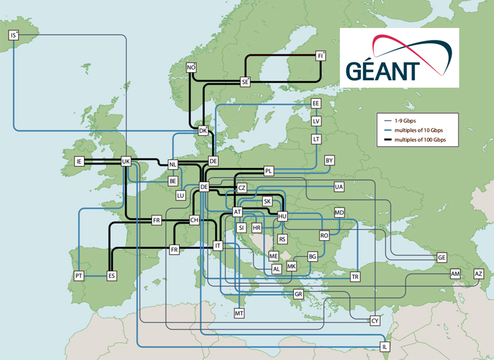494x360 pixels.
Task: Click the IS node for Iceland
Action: [14, 35]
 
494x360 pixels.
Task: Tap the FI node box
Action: [321, 55]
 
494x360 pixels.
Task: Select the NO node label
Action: [191, 67]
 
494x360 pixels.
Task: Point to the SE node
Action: [245, 81]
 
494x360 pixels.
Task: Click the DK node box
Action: [203, 131]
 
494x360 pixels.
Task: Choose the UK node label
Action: [126, 162]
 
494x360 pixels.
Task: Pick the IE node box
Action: [79, 162]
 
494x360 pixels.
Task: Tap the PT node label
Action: [79, 275]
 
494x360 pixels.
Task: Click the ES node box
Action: [112, 275]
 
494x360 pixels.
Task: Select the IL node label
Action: [385, 346]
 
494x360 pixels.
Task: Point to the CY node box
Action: [375, 321]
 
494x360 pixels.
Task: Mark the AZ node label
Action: [478, 274]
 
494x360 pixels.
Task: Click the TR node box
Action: [355, 276]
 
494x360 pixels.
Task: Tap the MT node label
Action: [239, 313]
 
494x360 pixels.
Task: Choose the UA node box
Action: [339, 187]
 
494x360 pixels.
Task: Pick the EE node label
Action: [316, 104]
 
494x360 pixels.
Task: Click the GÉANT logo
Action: [399, 57]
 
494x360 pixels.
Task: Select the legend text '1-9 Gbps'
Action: [407, 120]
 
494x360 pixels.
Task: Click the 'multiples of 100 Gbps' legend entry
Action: [420, 141]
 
